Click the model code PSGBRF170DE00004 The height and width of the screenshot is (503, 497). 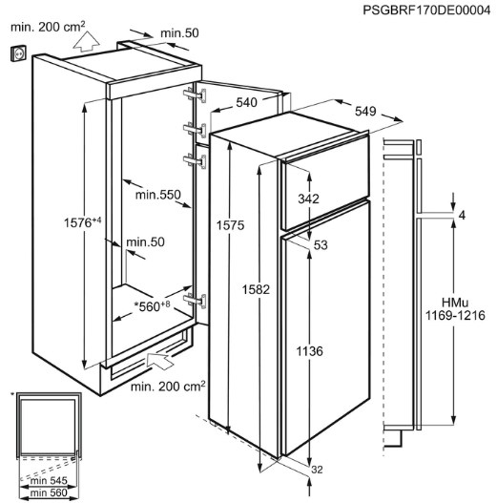(x=426, y=10)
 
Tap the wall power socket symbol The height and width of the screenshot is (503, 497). (x=18, y=52)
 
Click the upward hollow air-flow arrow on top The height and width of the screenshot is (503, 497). (x=86, y=41)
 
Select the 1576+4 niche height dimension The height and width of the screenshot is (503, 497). (x=82, y=222)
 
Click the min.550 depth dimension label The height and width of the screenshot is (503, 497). (x=158, y=195)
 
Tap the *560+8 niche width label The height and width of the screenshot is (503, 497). (x=153, y=306)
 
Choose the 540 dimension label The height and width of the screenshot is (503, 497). (x=246, y=102)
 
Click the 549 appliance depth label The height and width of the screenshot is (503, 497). (x=365, y=111)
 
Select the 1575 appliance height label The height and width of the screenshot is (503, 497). (x=230, y=225)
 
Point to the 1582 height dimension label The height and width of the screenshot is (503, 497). (x=256, y=289)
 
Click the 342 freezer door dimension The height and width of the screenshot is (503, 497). (x=308, y=199)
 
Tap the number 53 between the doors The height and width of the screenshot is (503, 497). (x=321, y=244)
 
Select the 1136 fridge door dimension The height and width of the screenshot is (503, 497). (x=309, y=351)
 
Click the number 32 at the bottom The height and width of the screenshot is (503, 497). (x=317, y=470)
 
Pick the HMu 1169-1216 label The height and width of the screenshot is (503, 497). (x=455, y=309)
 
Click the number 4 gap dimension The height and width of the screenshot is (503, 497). (x=462, y=216)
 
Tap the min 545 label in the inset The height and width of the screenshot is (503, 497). (x=49, y=480)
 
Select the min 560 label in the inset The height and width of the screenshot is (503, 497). (x=49, y=493)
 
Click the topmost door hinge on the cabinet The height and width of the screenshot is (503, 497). (x=195, y=94)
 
